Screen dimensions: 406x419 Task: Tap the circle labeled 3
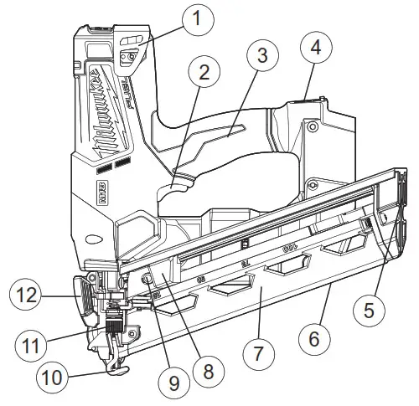coord(262,57)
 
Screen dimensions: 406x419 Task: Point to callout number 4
coord(316,48)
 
